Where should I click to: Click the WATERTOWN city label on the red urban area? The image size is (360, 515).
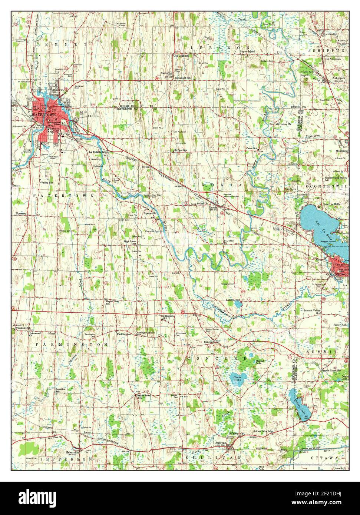point(44,115)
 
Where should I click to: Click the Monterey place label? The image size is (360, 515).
point(340,151)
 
